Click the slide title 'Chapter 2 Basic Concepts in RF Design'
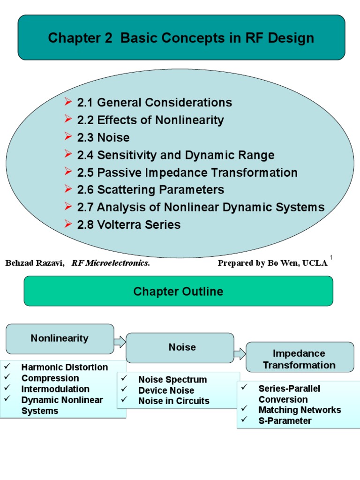[181, 38]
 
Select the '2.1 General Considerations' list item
[154, 102]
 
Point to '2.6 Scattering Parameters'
[150, 190]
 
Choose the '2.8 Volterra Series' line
[128, 225]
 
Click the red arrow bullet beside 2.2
[68, 120]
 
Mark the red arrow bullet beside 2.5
[68, 172]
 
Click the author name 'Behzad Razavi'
[35, 263]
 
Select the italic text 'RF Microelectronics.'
[111, 263]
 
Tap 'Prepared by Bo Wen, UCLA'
[272, 263]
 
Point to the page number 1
[331, 257]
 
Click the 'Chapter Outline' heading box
[178, 292]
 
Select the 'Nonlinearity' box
[60, 338]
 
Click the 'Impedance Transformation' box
[300, 359]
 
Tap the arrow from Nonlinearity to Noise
[120, 341]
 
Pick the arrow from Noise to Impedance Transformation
[240, 353]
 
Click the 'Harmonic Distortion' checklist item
[64, 367]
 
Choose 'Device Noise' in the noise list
[166, 390]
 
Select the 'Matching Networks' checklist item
[300, 410]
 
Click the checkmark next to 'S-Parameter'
[244, 420]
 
